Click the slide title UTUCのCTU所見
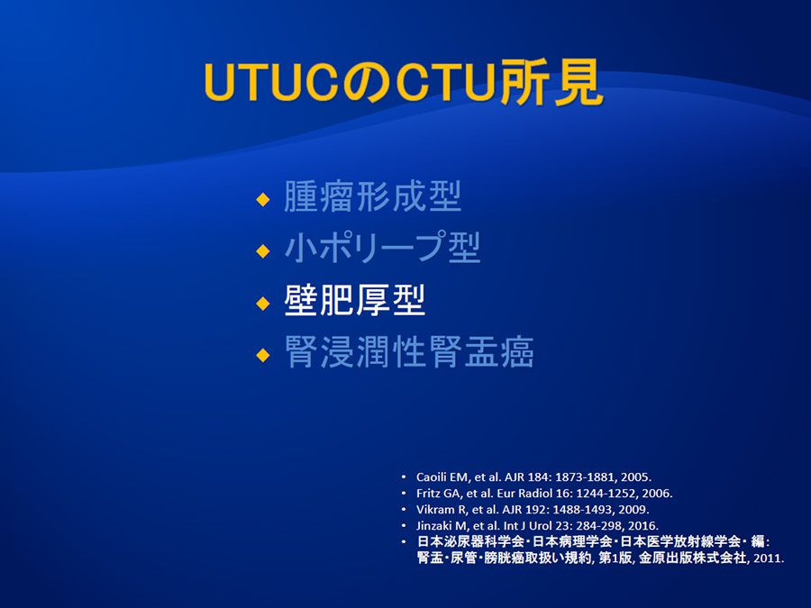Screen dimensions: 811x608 pos(404,82)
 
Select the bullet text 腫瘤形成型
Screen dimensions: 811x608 pos(372,196)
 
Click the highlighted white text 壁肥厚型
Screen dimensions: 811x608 pos(355,300)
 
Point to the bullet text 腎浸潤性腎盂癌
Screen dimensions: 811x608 pos(409,352)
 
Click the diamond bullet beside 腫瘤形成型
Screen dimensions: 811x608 pos(263,199)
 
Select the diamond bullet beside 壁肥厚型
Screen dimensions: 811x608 pos(263,303)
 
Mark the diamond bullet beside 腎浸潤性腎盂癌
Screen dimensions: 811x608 pos(263,355)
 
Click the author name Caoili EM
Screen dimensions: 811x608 pos(442,477)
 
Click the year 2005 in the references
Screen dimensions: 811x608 pos(634,477)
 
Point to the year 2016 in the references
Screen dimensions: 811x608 pos(642,526)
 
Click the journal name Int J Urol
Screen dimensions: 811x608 pos(526,526)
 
